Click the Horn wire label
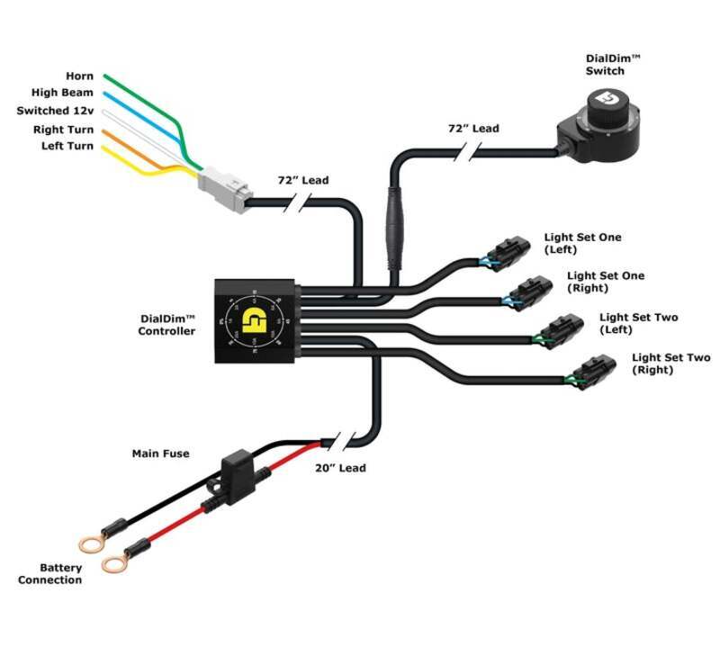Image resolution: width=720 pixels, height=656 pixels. [x=79, y=76]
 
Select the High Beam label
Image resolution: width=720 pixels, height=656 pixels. [x=62, y=93]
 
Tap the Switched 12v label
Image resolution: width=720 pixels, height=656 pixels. [x=55, y=111]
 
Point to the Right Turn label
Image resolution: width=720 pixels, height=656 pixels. [x=63, y=129]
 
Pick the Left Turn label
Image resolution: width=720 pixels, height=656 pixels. [x=67, y=146]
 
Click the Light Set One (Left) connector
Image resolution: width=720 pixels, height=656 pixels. [x=505, y=254]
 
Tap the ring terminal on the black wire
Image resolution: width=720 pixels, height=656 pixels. [x=90, y=544]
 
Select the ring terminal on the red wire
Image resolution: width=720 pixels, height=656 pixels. [x=114, y=563]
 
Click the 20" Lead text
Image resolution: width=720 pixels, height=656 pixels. [x=340, y=468]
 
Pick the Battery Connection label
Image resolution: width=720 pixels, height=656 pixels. [x=49, y=574]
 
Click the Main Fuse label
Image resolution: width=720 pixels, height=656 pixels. [x=160, y=454]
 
